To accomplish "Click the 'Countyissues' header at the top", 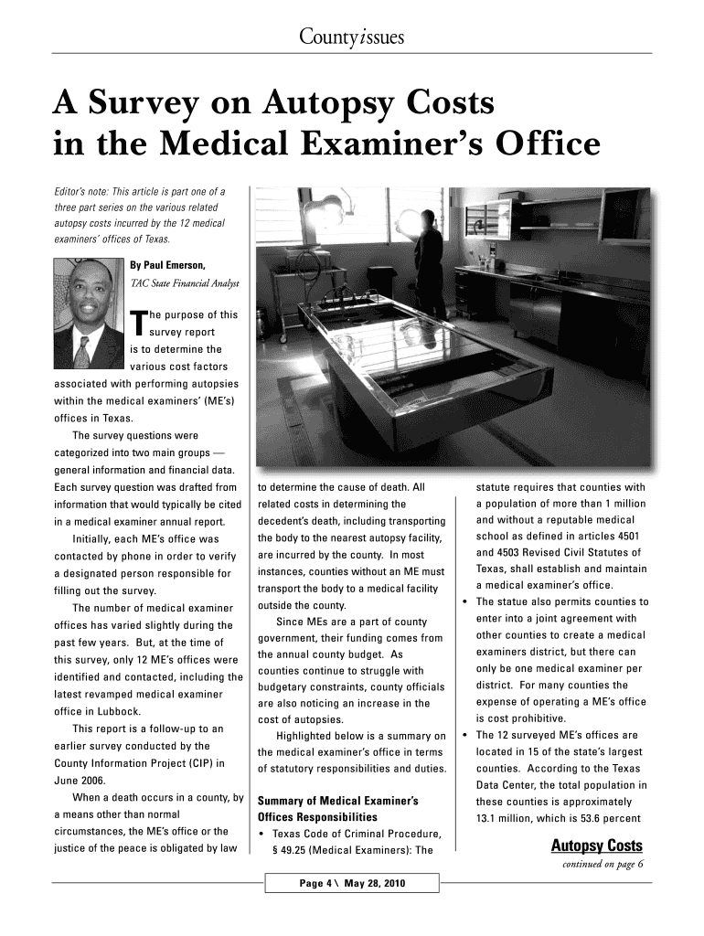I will pyautogui.click(x=351, y=37).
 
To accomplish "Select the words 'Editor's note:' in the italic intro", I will pyautogui.click(x=80, y=191).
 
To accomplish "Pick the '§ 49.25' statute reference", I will pyautogui.click(x=293, y=849).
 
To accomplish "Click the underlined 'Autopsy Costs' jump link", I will pyautogui.click(x=596, y=846).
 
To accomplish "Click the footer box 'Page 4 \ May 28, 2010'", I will pyautogui.click(x=352, y=883).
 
